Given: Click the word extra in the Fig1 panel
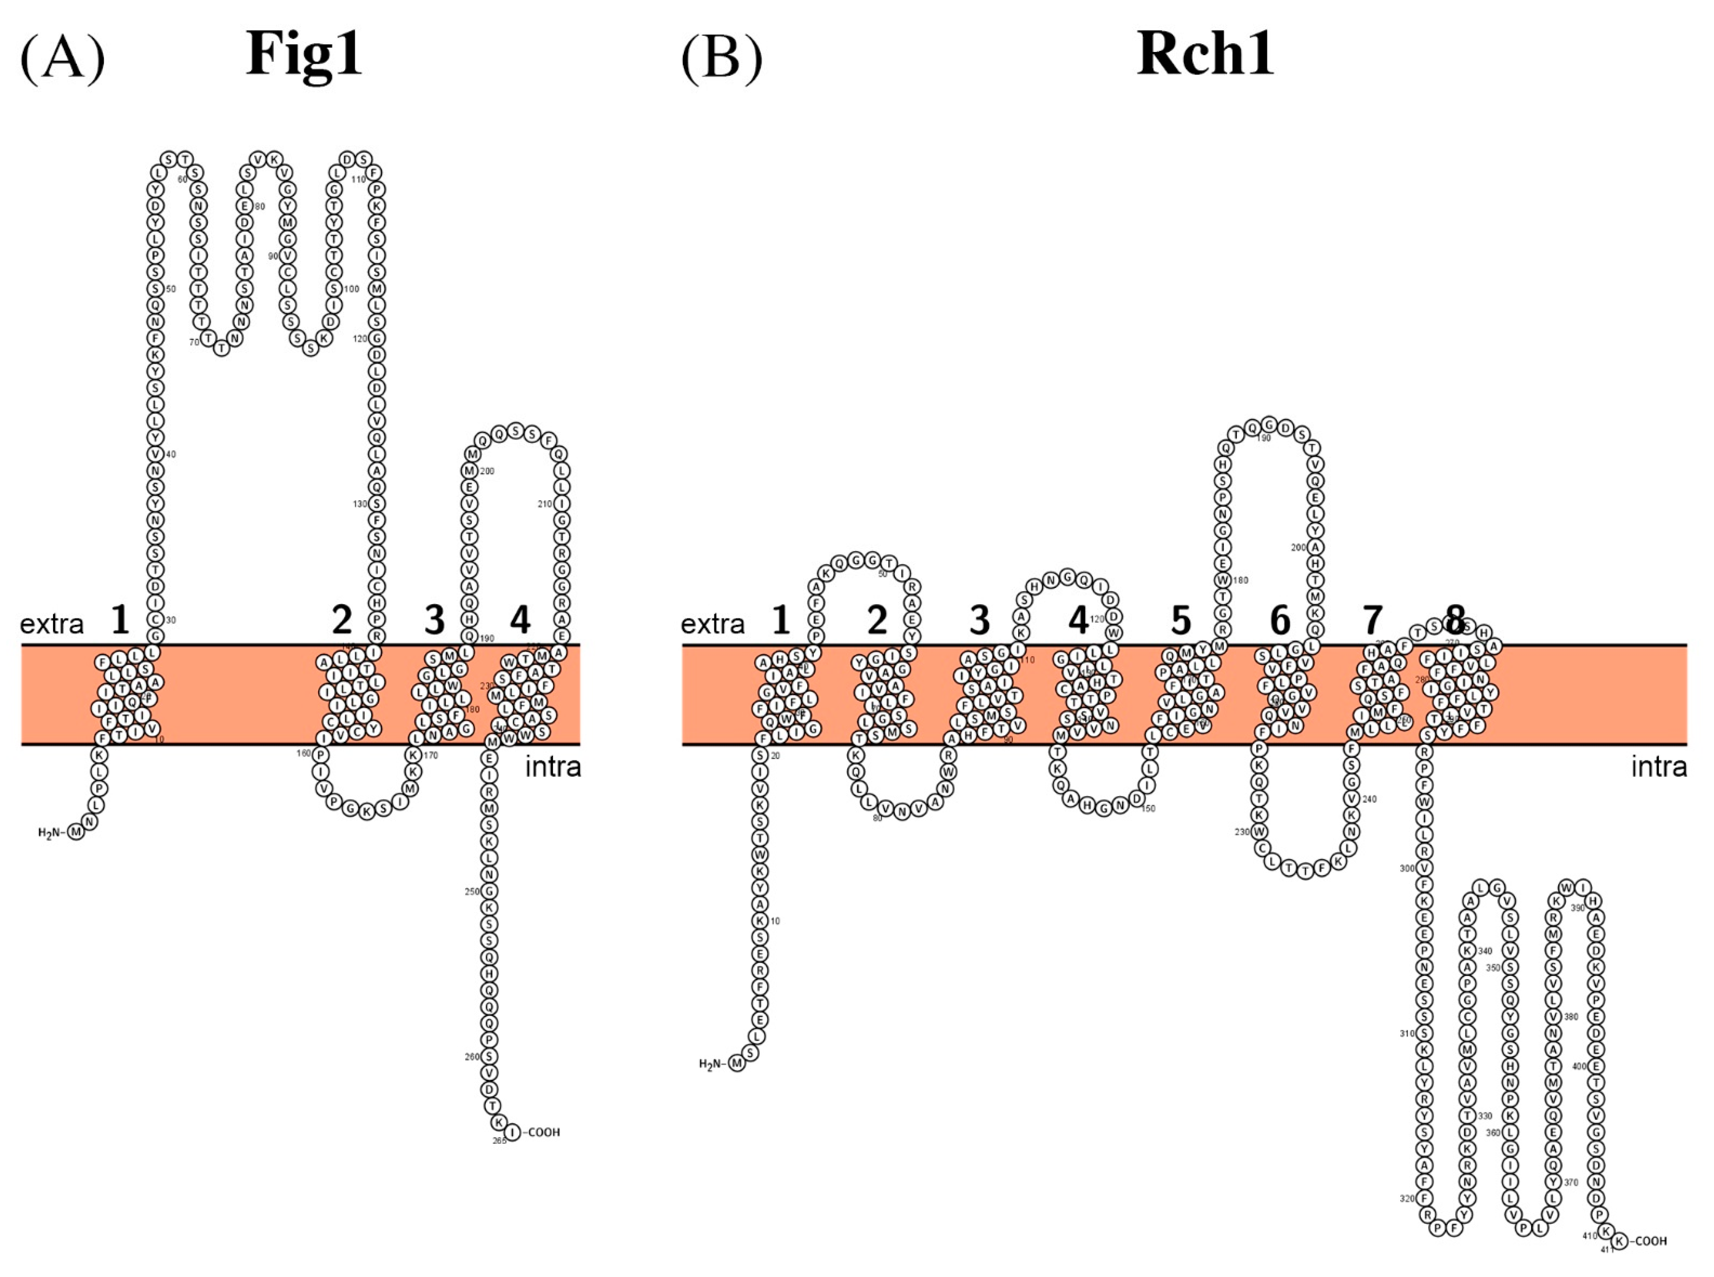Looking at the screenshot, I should click(52, 624).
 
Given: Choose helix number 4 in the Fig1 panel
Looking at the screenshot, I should click(520, 619).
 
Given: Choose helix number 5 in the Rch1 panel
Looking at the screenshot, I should click(1180, 619).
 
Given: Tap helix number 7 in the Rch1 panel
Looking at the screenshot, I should click(1372, 619).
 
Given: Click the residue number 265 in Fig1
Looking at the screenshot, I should click(499, 1141).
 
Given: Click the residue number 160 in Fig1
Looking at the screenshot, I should click(305, 753).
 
